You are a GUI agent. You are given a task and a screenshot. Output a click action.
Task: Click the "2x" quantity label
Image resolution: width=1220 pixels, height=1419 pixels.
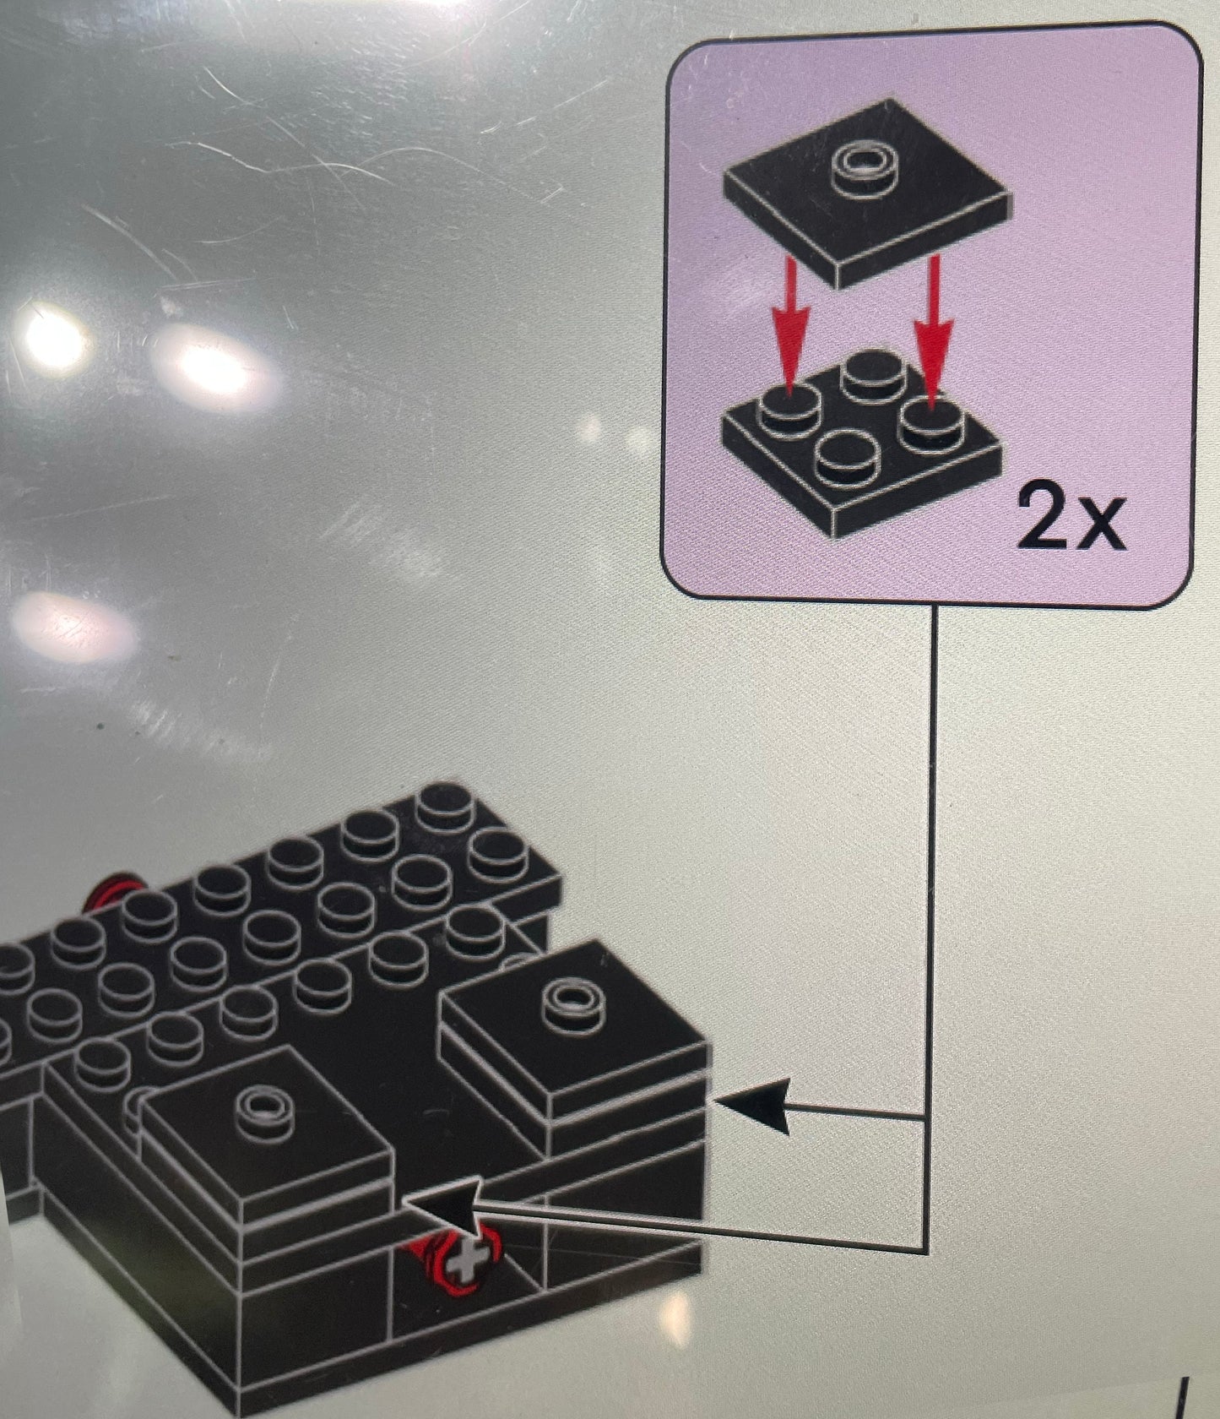[1071, 516]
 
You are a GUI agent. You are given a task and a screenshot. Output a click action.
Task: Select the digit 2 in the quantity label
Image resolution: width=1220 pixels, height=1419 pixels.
[1044, 516]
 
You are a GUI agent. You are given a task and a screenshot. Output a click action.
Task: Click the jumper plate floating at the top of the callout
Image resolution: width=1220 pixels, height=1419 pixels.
[867, 193]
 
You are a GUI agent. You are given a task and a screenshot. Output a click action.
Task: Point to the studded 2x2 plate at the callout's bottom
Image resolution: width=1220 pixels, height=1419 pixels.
[862, 441]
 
